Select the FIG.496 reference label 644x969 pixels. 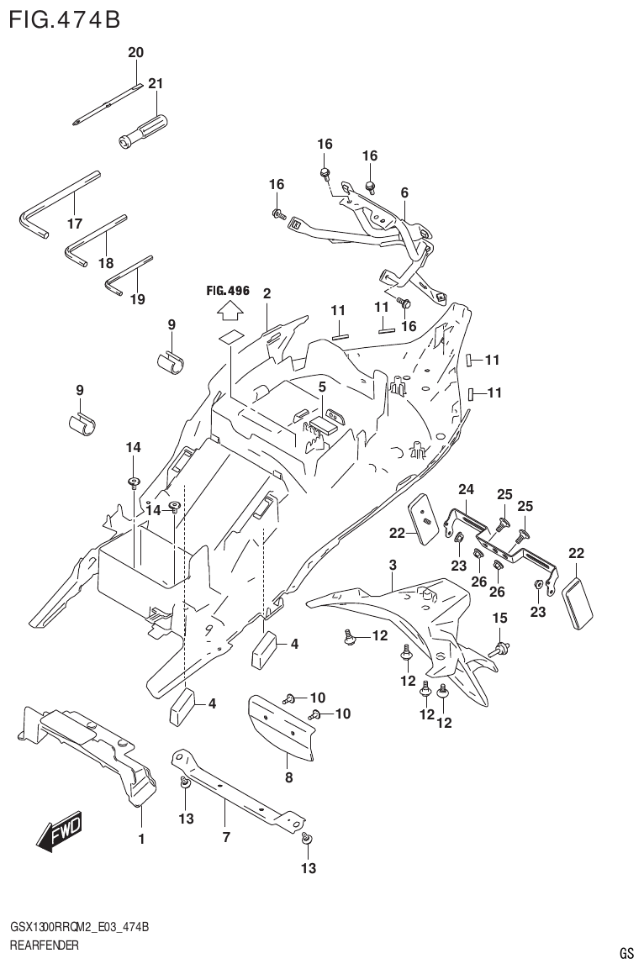(x=228, y=291)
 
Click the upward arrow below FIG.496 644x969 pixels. (x=228, y=313)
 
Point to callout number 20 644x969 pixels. (x=135, y=52)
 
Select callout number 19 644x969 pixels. (x=137, y=299)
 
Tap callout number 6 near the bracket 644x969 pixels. (x=404, y=192)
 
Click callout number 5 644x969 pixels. (x=321, y=387)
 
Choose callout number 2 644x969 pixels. (x=267, y=293)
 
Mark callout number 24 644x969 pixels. (x=466, y=489)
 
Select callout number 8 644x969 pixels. (x=288, y=777)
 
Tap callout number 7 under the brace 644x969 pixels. (x=225, y=837)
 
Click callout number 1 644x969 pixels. (x=141, y=838)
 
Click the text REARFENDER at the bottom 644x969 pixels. (x=44, y=945)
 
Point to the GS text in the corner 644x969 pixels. (x=626, y=953)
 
